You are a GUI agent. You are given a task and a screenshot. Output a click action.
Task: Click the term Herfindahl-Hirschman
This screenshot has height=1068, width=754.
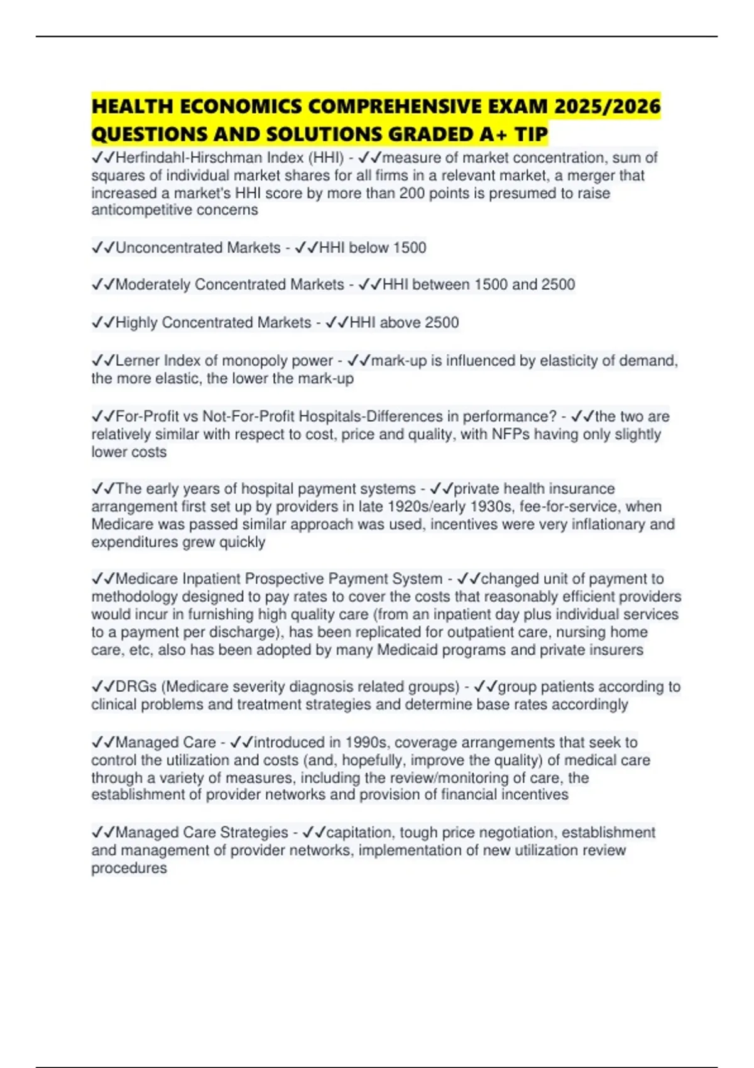(187, 158)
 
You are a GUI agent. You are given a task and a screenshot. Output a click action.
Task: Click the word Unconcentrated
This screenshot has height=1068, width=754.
(167, 248)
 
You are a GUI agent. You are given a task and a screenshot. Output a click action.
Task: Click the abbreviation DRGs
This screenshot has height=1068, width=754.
(136, 687)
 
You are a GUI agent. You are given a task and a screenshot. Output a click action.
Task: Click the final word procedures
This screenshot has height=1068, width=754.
(129, 868)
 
